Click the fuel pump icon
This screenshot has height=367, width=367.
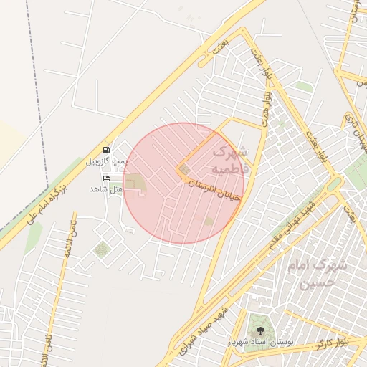click(x=106, y=151)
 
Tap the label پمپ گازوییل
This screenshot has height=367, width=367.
click(x=106, y=162)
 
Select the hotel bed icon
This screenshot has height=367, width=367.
click(x=107, y=177)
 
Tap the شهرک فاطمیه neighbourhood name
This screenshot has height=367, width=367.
click(x=229, y=161)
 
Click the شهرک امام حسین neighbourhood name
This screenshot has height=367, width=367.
click(x=316, y=273)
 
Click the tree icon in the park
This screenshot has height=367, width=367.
click(x=259, y=330)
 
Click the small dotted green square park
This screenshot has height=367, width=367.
click(x=102, y=249)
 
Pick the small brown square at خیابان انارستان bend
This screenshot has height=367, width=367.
click(x=185, y=169)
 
